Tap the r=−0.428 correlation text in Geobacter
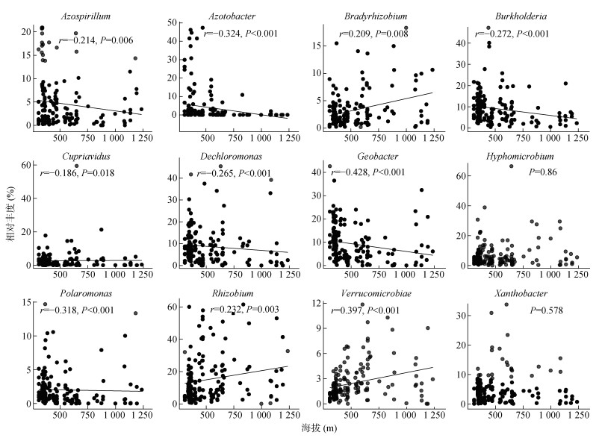(358, 172)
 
